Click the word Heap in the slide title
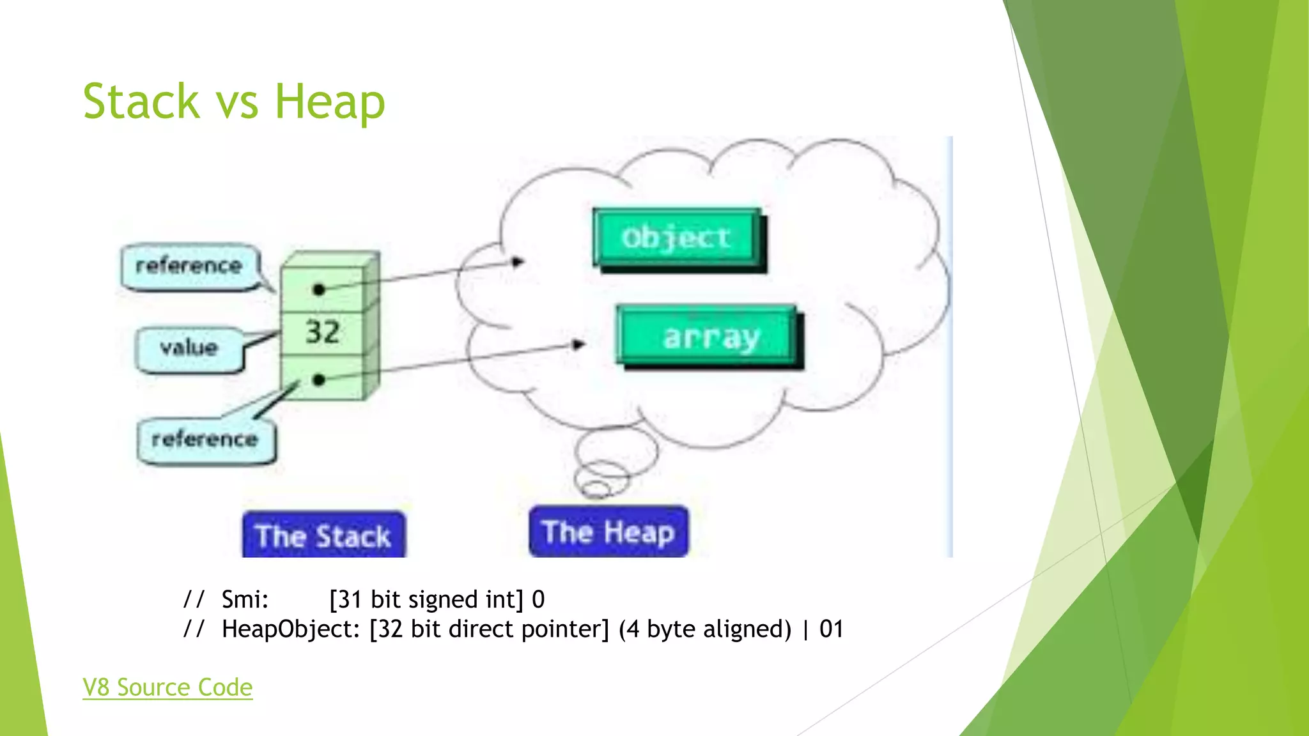pos(330,102)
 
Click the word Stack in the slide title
pos(141,102)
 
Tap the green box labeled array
pos(709,337)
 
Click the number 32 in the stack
pos(322,332)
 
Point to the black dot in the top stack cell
pos(319,289)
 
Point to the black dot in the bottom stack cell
pos(319,380)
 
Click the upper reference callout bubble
pos(189,266)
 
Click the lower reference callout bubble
pos(205,440)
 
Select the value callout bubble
pos(189,348)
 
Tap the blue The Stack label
pos(323,535)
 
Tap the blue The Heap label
pos(608,532)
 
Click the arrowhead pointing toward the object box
pos(518,261)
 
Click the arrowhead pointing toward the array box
pos(578,345)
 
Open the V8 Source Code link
pos(167,687)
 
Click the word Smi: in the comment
pos(245,599)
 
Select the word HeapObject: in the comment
pos(291,629)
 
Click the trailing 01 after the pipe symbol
pos(831,629)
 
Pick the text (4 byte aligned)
pos(704,629)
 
